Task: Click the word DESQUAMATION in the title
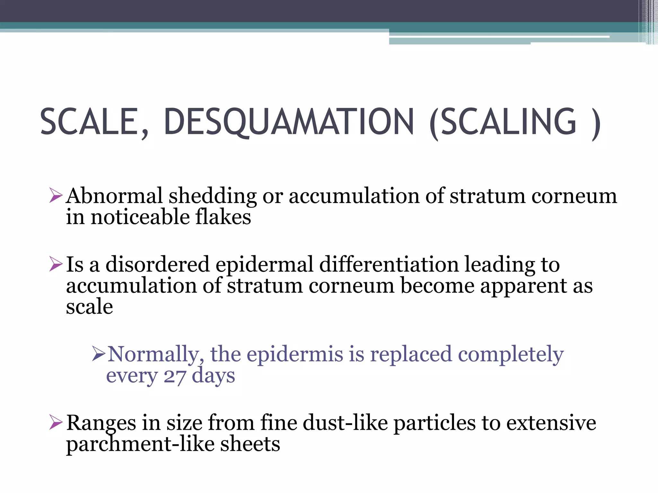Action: (289, 122)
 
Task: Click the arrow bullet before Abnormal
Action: (56, 196)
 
